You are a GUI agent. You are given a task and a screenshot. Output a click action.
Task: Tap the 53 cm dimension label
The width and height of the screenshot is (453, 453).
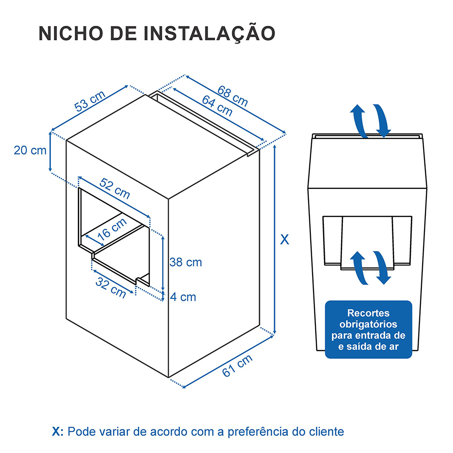90,101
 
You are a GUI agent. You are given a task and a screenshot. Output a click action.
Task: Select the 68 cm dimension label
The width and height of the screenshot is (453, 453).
232,96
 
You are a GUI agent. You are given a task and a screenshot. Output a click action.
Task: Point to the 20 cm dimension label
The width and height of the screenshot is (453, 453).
30,150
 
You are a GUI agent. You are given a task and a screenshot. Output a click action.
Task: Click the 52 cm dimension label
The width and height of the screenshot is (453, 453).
115,188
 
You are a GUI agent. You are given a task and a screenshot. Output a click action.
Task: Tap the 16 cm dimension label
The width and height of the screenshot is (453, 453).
111,229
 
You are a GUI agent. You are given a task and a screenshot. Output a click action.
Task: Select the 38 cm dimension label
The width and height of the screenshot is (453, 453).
185,262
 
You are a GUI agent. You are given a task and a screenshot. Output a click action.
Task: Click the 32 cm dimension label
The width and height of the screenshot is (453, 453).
111,287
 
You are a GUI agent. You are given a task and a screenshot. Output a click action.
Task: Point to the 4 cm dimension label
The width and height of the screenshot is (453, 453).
183,297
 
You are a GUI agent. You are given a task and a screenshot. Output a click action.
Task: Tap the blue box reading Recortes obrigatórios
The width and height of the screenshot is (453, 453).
368,329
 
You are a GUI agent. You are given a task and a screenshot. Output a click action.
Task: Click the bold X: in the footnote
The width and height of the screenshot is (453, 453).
58,431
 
